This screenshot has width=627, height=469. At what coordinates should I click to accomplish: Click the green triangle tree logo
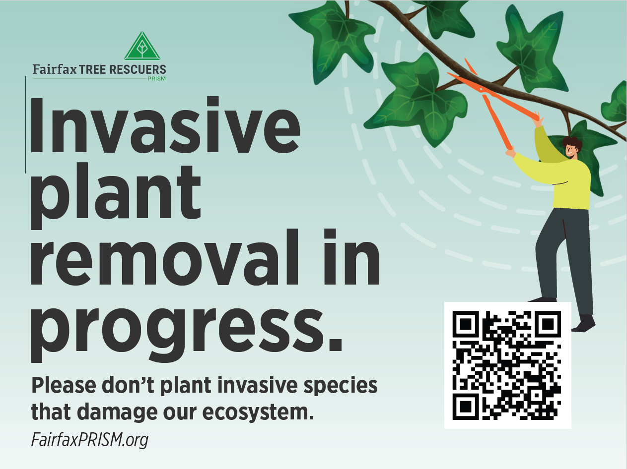142,46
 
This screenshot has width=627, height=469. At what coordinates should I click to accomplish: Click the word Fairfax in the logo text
55,69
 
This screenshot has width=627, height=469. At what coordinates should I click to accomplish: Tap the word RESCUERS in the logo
138,69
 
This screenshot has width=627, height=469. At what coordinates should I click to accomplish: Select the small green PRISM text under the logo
156,78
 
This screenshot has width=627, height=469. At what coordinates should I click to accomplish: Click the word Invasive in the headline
165,125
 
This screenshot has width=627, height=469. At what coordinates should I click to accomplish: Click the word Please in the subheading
64,385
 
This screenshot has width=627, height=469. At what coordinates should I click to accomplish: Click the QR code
507,365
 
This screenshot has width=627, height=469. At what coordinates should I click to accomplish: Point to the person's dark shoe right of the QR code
584,323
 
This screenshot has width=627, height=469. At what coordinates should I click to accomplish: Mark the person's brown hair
573,143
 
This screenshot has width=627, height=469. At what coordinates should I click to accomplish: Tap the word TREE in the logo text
92,69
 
